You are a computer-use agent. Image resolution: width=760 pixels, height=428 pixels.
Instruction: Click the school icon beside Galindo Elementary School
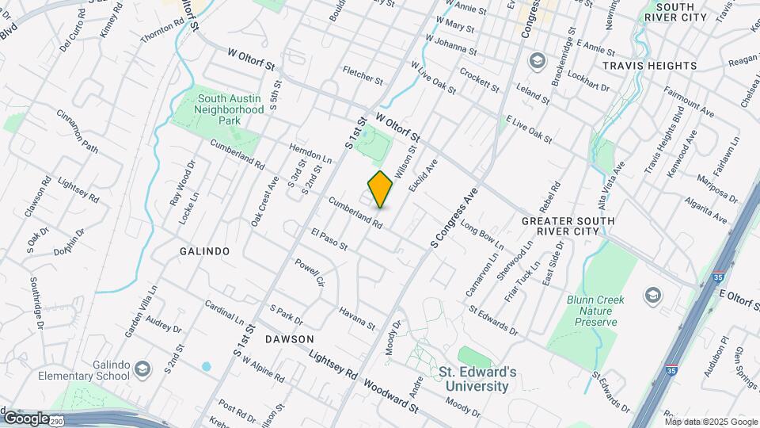[142, 369]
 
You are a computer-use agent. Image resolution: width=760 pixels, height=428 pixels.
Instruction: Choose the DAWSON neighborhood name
[284, 338]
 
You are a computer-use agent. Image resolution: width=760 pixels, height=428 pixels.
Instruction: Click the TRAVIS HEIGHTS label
[649, 66]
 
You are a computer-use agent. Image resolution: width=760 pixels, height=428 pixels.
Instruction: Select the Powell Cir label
[310, 272]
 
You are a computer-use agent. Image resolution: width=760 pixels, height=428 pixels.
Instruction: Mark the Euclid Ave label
[422, 177]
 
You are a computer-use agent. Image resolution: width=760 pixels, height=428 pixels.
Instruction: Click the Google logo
[25, 418]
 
